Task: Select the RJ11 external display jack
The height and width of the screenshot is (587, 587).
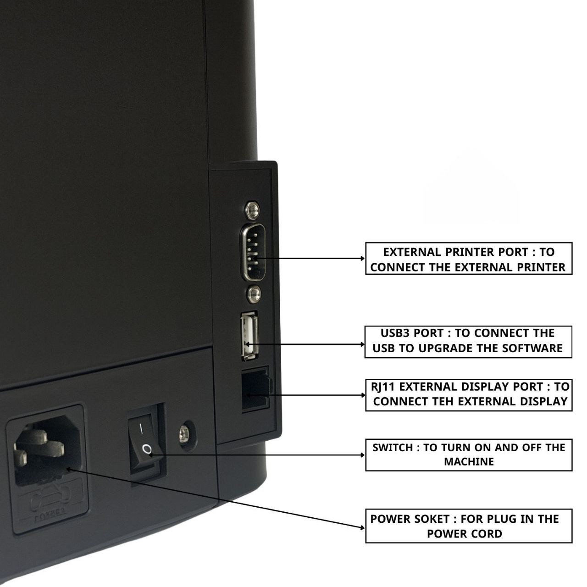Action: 255,389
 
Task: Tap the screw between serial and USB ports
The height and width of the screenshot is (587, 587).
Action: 253,292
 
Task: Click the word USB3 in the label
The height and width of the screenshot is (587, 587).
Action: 395,333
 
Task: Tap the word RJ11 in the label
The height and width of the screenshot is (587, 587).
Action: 383,387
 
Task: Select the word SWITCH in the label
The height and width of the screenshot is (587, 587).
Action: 393,448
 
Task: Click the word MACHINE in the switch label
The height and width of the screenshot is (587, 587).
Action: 469,462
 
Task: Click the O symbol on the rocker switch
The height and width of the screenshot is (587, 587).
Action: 147,449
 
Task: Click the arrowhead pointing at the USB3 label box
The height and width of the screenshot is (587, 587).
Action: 362,343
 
